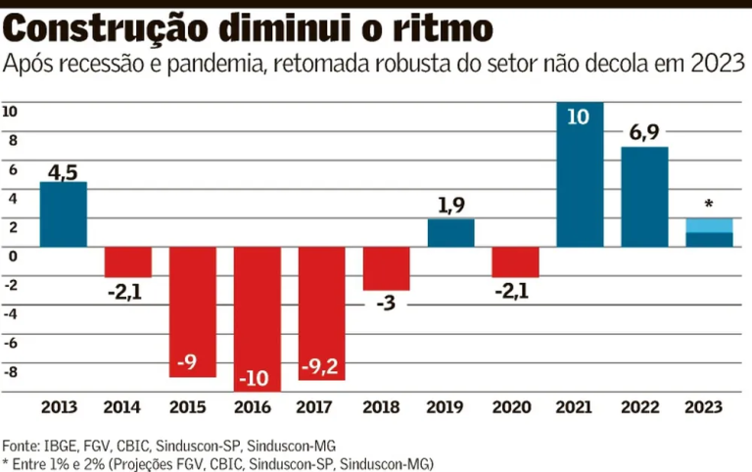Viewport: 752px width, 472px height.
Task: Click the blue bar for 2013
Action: coord(63,214)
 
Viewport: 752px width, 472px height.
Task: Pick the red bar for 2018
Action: coord(386,267)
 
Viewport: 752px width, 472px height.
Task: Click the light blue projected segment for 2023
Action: coord(709,225)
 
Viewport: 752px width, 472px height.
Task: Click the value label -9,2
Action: coord(321,365)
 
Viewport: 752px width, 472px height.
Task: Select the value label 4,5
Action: coord(63,172)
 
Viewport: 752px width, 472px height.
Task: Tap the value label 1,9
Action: coord(450,207)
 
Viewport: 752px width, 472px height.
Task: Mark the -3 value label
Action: coord(386,303)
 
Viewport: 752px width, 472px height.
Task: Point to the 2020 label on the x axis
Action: coord(515,406)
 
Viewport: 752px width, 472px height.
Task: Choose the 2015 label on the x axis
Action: coord(192,406)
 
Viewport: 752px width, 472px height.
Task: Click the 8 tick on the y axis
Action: coord(12,140)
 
